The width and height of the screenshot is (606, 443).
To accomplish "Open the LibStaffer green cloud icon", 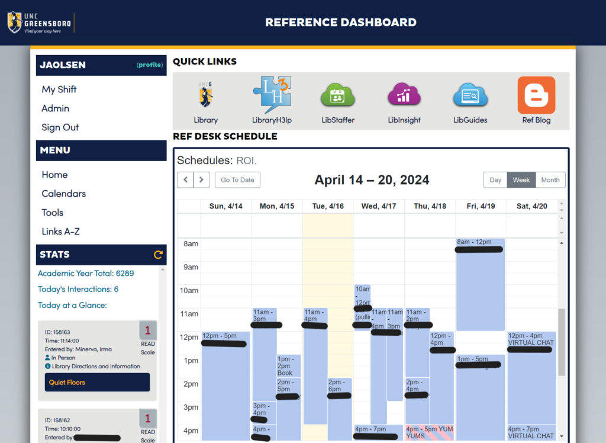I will (x=338, y=95).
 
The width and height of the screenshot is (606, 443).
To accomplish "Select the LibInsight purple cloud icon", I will (x=404, y=95).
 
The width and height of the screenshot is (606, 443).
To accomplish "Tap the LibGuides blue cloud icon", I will (x=470, y=95).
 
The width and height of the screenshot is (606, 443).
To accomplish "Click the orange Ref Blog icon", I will (x=536, y=95).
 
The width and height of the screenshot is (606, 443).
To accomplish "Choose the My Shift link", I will (x=59, y=89).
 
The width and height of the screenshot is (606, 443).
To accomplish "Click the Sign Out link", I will (x=60, y=127).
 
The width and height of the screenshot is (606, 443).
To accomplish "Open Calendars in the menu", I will (x=63, y=194).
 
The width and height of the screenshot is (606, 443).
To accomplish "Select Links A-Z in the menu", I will (x=60, y=232).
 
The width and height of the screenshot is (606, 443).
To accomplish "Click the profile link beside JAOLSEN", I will (x=150, y=65).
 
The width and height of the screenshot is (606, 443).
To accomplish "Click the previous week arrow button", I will (x=185, y=180).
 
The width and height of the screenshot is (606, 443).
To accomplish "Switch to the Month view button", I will (x=550, y=180).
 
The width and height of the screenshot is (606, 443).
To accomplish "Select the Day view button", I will (x=495, y=180).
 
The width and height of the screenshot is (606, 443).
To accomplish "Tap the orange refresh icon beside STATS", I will (x=158, y=255).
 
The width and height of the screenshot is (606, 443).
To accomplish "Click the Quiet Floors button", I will (x=97, y=383).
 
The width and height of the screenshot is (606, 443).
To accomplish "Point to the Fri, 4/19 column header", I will (x=481, y=206).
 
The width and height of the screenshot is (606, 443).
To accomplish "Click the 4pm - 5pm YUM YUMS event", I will (x=429, y=432).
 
